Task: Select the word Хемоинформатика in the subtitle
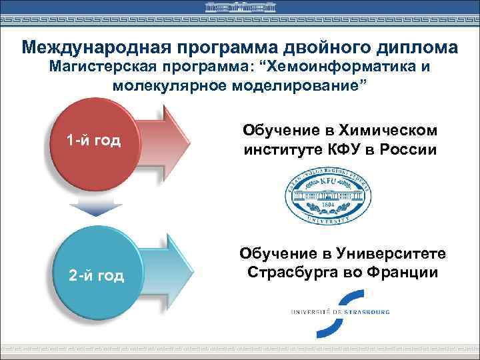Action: click(x=346, y=67)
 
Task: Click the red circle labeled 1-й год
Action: click(x=93, y=141)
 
